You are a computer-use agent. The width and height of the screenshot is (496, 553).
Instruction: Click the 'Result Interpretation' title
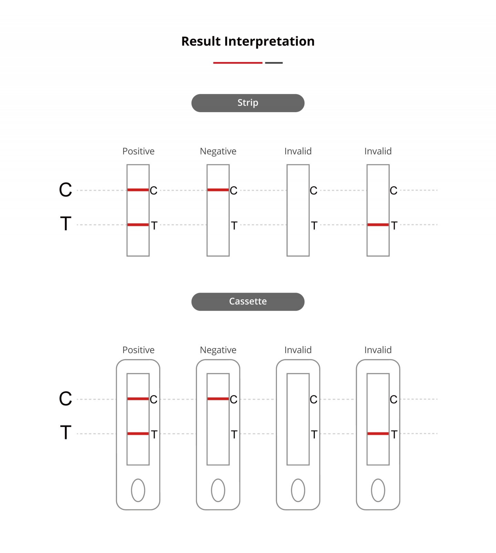click(248, 41)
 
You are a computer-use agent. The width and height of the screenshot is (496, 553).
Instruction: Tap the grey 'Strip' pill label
click(248, 103)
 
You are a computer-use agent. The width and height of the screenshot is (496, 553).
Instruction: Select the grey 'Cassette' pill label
click(248, 302)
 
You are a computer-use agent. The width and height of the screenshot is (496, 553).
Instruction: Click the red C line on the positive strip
click(138, 190)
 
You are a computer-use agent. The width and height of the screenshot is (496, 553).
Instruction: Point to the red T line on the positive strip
click(138, 225)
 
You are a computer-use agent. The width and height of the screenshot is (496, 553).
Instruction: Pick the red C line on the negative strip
click(218, 190)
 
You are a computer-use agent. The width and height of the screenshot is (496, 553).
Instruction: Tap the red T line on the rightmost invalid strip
click(378, 225)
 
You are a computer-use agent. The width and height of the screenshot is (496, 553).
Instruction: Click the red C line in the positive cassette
click(138, 399)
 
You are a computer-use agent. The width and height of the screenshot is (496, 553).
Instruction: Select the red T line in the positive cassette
click(138, 434)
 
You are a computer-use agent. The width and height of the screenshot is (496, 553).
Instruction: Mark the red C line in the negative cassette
click(218, 399)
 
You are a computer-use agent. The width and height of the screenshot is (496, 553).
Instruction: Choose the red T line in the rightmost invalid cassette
click(378, 434)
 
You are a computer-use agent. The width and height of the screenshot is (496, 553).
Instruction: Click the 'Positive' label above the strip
click(138, 151)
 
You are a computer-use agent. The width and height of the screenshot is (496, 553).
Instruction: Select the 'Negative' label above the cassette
click(218, 350)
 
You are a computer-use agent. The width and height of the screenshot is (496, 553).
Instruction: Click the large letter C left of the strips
click(65, 190)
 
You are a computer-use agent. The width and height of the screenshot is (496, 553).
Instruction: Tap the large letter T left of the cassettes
click(65, 433)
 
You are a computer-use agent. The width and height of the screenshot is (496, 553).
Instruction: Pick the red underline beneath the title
click(238, 63)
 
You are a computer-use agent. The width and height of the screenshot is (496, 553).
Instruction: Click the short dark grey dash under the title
click(274, 63)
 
